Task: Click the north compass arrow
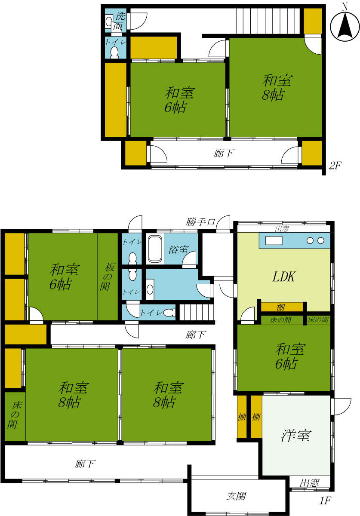pos(345,25)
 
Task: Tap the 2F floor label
pos(335,166)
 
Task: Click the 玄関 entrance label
pos(237,496)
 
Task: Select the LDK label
pos(284,276)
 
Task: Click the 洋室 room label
pos(296,436)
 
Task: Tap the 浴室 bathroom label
pos(178,249)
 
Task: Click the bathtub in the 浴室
pos(155,249)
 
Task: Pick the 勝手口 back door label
pos(200,222)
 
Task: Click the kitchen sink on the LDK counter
pos(274,240)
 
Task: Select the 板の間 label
pos(108,276)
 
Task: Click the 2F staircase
pos(268,21)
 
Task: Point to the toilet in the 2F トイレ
pos(114,52)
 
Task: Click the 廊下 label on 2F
pos(224,153)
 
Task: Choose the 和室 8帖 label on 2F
pos(277,88)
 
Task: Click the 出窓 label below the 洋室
pos(309,483)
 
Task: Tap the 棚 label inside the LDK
pos(281,307)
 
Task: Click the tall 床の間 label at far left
pos(14,415)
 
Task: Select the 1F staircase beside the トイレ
pos(197,312)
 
